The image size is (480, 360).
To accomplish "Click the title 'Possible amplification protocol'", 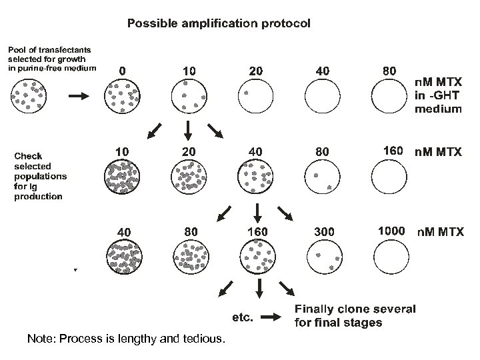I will point(219,23).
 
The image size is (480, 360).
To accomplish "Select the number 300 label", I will point(325,231).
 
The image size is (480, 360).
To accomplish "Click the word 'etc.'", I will point(242,318).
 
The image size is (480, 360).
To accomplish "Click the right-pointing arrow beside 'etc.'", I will point(271,318).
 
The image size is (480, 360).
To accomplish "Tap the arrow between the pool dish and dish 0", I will point(78,96).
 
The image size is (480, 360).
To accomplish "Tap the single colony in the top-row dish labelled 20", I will point(246,93).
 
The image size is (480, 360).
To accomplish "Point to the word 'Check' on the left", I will point(29,156).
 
